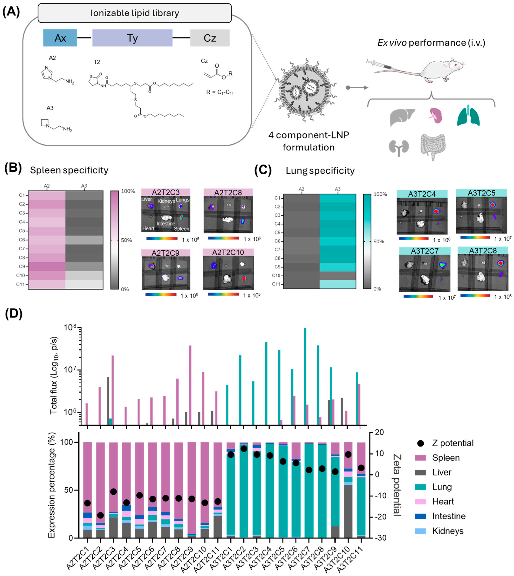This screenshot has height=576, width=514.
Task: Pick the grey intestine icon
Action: [433, 146]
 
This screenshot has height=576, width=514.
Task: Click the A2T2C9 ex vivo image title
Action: [166, 253]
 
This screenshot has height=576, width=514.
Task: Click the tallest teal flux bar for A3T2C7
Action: [305, 375]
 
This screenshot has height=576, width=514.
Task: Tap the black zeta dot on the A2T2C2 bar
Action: [100, 515]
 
